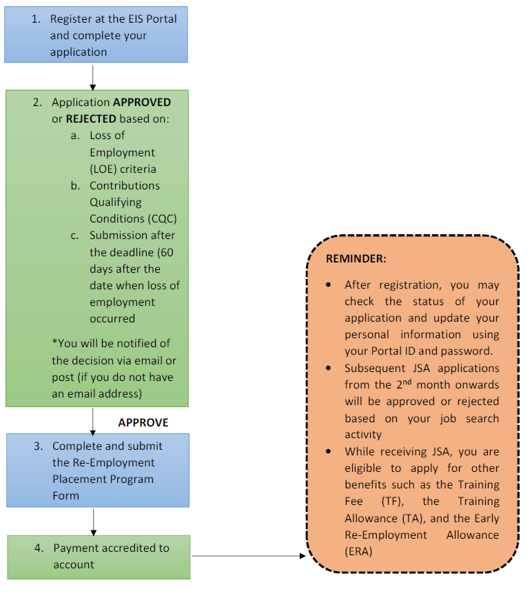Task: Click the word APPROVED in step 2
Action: [x=142, y=102]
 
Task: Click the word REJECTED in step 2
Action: [x=91, y=118]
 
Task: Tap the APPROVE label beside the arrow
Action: [x=143, y=422]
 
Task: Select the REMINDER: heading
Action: [x=356, y=258]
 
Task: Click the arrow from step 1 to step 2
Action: [x=93, y=76]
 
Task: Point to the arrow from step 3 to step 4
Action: [x=93, y=521]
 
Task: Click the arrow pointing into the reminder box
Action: [x=248, y=555]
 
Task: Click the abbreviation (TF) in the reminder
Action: [x=400, y=501]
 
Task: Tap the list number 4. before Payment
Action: [x=39, y=548]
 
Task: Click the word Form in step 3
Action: [x=65, y=495]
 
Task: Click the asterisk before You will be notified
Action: [x=54, y=342]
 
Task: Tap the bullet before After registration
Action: [x=329, y=285]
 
